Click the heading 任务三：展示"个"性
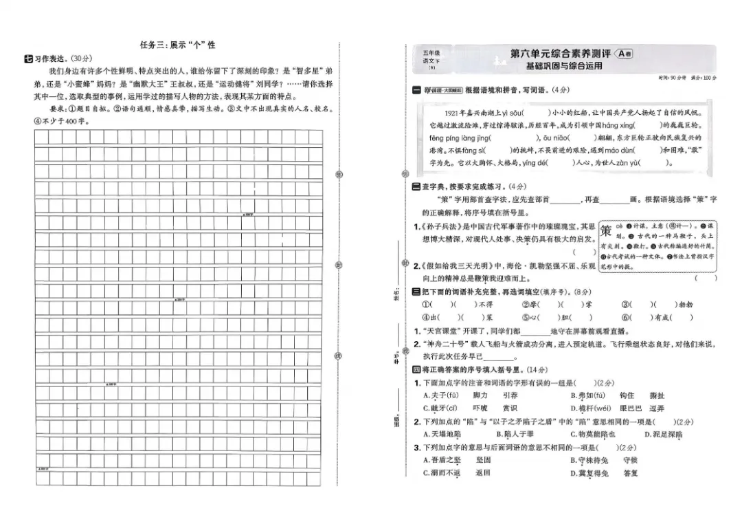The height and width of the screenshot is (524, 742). [177, 45]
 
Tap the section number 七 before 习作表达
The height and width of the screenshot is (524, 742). [28, 58]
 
